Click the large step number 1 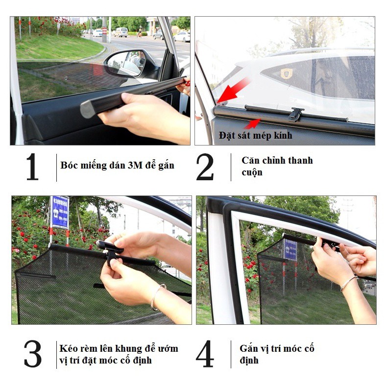(x=32, y=167)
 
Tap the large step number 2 (x=205, y=167)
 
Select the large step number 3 (x=33, y=354)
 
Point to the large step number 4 (x=205, y=354)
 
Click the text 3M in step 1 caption (x=135, y=165)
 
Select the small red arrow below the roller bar (x=252, y=124)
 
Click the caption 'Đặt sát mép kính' (x=255, y=135)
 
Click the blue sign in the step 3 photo (x=60, y=212)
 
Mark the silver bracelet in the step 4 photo (x=348, y=283)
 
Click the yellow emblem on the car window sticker (x=286, y=73)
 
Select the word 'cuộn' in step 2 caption (x=252, y=172)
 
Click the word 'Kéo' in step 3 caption (x=68, y=348)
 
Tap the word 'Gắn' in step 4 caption (x=247, y=348)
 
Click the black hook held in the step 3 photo (x=110, y=252)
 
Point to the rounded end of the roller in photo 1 (x=87, y=109)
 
